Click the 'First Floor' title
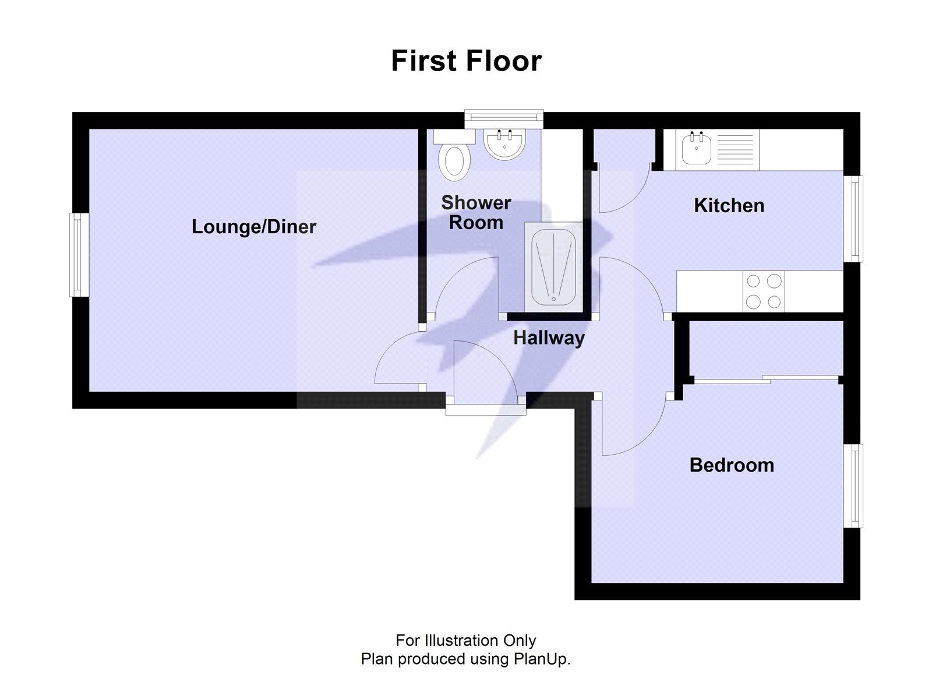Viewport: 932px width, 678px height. (466, 61)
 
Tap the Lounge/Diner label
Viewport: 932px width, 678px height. (253, 226)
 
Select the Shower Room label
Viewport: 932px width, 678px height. (476, 213)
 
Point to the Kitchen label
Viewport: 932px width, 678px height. (729, 205)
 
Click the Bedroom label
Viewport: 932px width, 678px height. (732, 465)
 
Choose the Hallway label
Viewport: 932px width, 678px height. (549, 338)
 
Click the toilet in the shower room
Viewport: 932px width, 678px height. (456, 161)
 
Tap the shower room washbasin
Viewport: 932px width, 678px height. (504, 144)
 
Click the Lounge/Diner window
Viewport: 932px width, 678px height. (79, 255)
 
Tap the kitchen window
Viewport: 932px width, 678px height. (853, 219)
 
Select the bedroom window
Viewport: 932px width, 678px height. (853, 486)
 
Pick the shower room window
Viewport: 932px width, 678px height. (504, 119)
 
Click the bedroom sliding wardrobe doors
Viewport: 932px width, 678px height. (766, 380)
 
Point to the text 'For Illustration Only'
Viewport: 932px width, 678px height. (465, 641)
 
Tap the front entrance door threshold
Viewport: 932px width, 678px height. (486, 410)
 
